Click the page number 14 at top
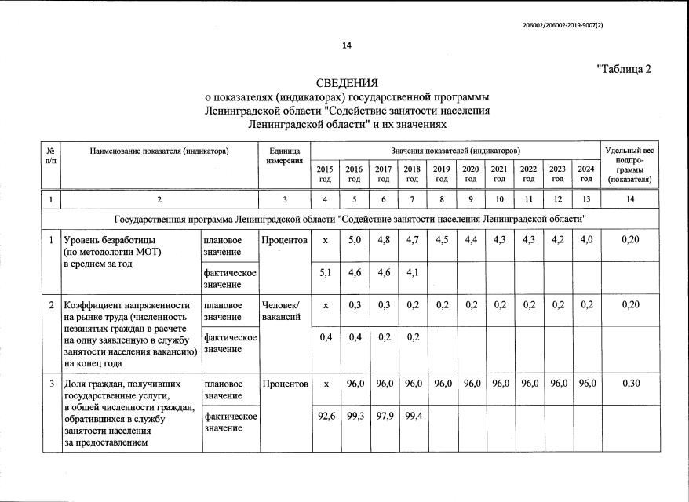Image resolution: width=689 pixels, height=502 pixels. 346,45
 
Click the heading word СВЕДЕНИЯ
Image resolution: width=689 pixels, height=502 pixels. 346,83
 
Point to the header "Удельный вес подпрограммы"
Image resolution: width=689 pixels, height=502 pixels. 629,164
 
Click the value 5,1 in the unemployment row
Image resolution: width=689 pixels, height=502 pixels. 325,274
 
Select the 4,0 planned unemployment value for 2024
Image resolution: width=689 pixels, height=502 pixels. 585,239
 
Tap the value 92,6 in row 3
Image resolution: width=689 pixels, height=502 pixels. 325,416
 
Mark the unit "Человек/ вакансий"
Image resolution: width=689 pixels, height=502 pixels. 284,311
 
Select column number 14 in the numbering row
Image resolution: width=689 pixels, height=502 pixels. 629,199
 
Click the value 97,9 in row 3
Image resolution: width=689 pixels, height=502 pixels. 383,416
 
